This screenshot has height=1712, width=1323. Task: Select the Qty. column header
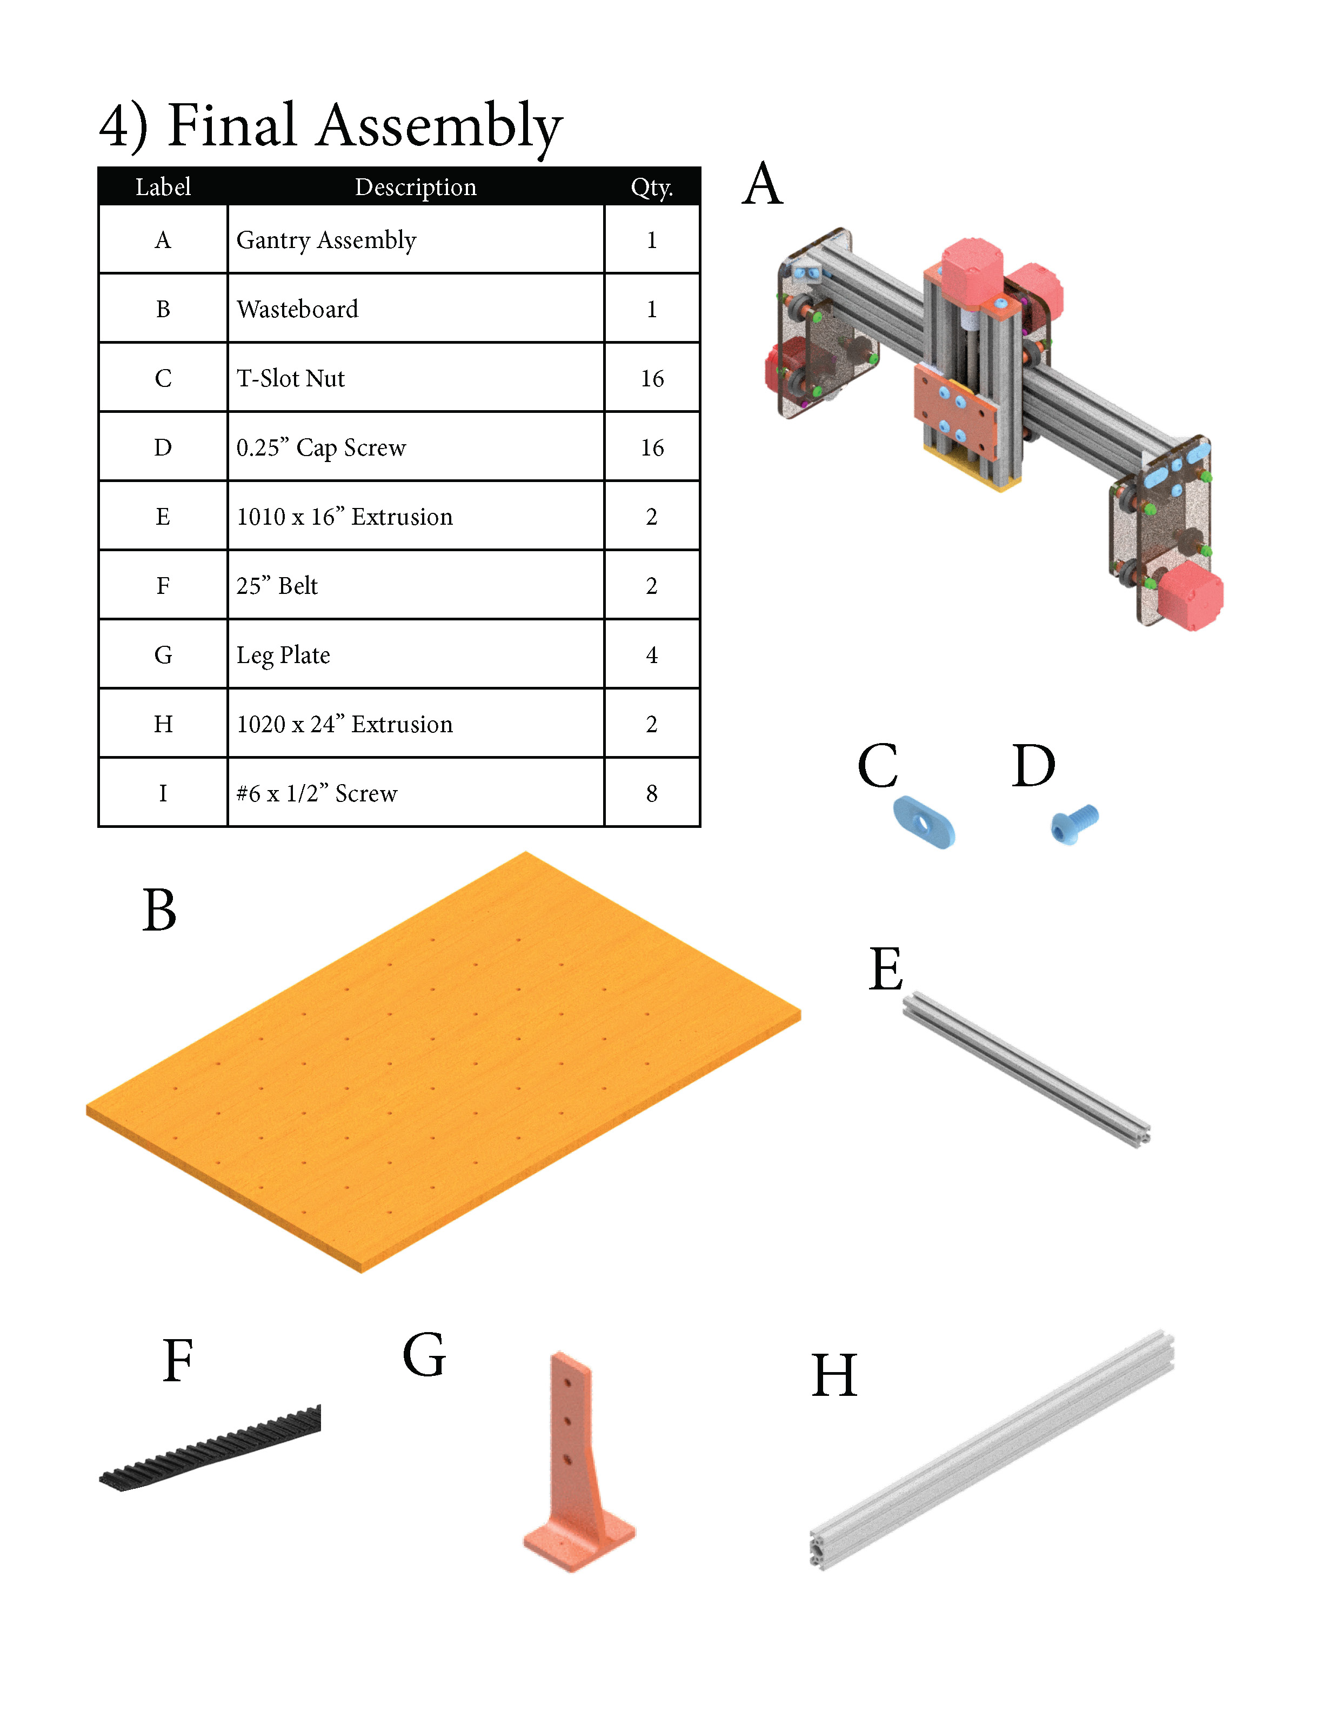point(651,188)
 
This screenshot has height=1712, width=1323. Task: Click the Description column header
point(416,188)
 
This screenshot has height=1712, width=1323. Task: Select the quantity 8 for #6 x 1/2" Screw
point(651,793)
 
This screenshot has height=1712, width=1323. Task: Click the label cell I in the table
point(163,793)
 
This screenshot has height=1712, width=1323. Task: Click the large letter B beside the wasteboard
point(159,911)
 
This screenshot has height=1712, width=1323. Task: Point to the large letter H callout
point(834,1376)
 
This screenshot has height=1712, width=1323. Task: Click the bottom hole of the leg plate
point(567,1460)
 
